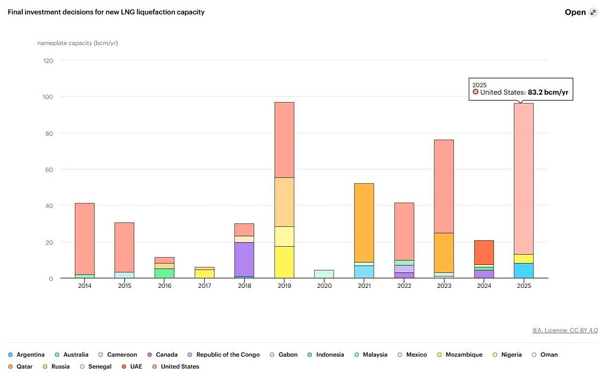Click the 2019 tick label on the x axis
pos(284,285)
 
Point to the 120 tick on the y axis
pos(48,60)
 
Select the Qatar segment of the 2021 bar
pos(364,223)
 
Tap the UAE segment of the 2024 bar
pos(484,252)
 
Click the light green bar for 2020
pos(324,274)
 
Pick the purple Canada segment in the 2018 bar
pos(244,259)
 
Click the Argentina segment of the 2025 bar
pos(524,270)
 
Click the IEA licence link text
pos(565,330)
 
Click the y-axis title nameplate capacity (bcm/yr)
pos(77,43)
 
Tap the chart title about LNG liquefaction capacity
pos(106,12)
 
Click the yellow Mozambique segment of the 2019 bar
pos(284,262)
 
